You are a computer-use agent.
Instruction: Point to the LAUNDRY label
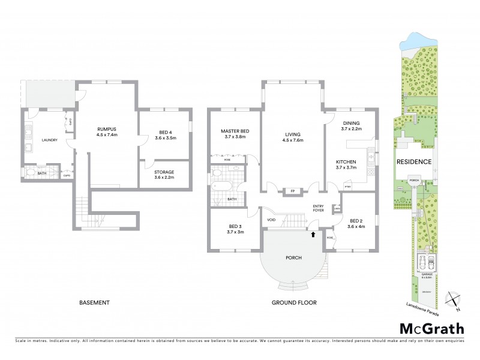(x=49, y=140)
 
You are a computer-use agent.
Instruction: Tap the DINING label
(x=350, y=123)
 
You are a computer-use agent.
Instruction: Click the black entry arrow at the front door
(x=312, y=233)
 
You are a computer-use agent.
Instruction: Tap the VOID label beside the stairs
(x=271, y=220)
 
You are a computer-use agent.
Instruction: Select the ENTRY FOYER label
(x=318, y=209)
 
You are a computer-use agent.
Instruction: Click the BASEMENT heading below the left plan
(x=95, y=302)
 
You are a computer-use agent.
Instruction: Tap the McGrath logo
(x=431, y=328)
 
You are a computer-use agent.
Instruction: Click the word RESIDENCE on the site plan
(x=414, y=162)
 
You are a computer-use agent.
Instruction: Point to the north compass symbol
(x=453, y=298)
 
